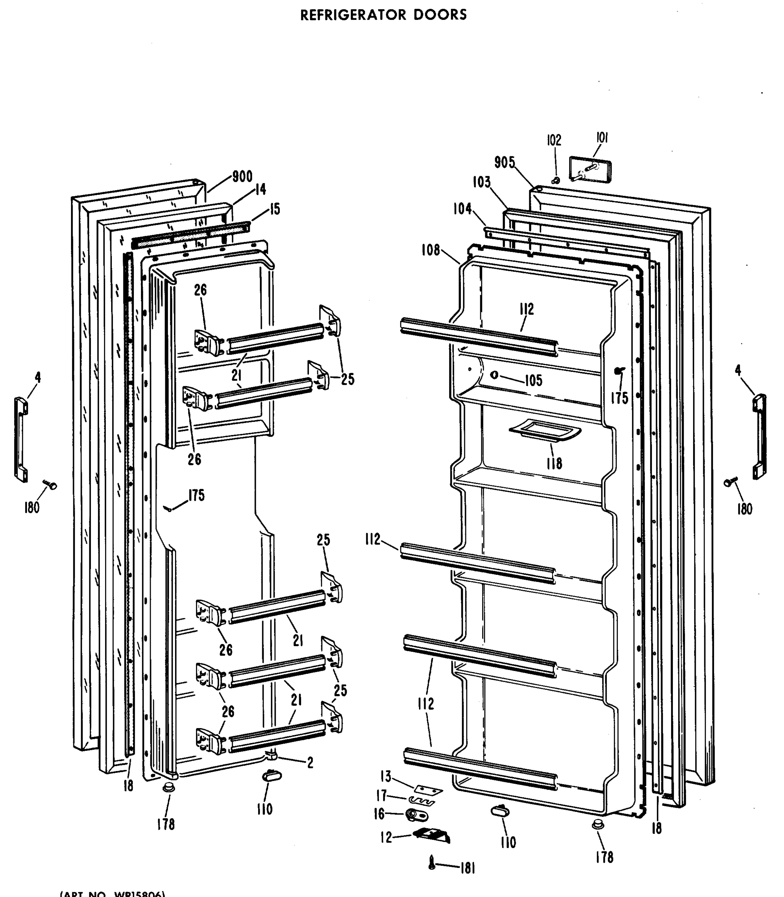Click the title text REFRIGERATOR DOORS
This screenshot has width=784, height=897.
(383, 15)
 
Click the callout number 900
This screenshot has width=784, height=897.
(242, 177)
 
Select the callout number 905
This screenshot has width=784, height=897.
(505, 162)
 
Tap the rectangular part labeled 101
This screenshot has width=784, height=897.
(590, 170)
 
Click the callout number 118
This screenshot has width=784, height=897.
(554, 463)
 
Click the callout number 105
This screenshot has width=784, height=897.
(533, 380)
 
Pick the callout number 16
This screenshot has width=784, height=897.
(379, 814)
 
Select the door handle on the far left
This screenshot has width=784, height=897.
(21, 439)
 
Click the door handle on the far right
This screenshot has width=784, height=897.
(759, 437)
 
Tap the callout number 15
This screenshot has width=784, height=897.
(274, 209)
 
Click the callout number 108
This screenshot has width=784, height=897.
(431, 250)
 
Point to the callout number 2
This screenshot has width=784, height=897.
(310, 763)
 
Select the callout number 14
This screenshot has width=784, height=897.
(260, 189)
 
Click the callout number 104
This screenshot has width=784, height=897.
(462, 209)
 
